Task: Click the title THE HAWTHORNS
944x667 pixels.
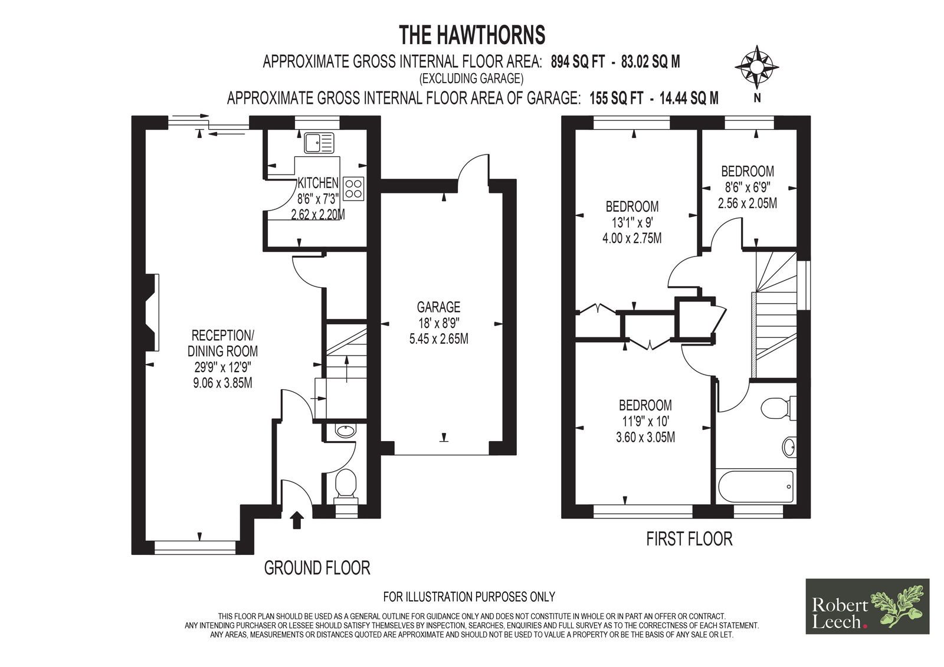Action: click(x=471, y=35)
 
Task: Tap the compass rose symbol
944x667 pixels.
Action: click(x=756, y=67)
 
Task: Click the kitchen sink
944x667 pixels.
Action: click(x=319, y=142)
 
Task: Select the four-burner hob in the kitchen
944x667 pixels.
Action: click(x=353, y=188)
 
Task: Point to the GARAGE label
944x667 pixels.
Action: click(x=438, y=306)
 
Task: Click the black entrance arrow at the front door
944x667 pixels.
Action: click(x=297, y=520)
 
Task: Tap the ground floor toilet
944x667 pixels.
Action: click(x=346, y=487)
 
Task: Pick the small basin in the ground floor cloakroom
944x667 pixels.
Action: click(x=346, y=431)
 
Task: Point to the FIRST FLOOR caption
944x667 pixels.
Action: click(x=689, y=539)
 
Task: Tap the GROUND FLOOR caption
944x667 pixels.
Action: click(x=317, y=568)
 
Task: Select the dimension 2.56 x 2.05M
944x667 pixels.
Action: click(x=747, y=203)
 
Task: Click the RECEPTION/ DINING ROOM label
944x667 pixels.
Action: click(x=222, y=343)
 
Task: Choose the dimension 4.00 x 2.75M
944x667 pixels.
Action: click(x=632, y=238)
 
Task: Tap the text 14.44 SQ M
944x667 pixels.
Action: click(x=689, y=98)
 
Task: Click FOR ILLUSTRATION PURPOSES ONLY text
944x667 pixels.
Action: click(x=469, y=597)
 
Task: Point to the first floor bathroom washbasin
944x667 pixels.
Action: click(x=789, y=446)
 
